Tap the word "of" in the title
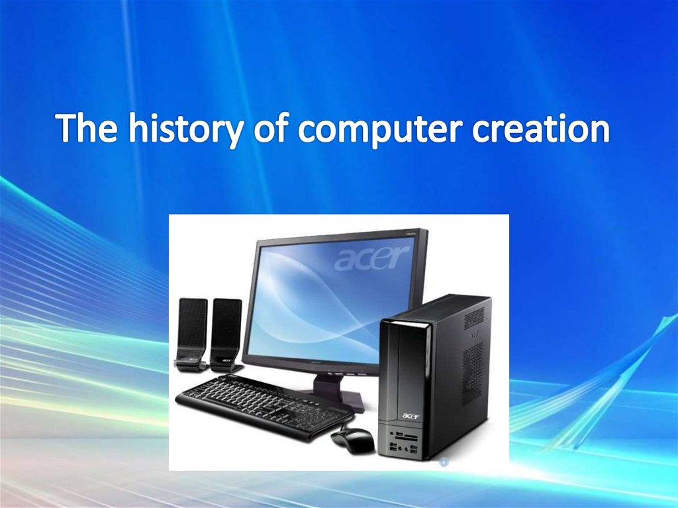coord(271,128)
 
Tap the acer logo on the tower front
coord(409,415)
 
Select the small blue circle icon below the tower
coord(444,462)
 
